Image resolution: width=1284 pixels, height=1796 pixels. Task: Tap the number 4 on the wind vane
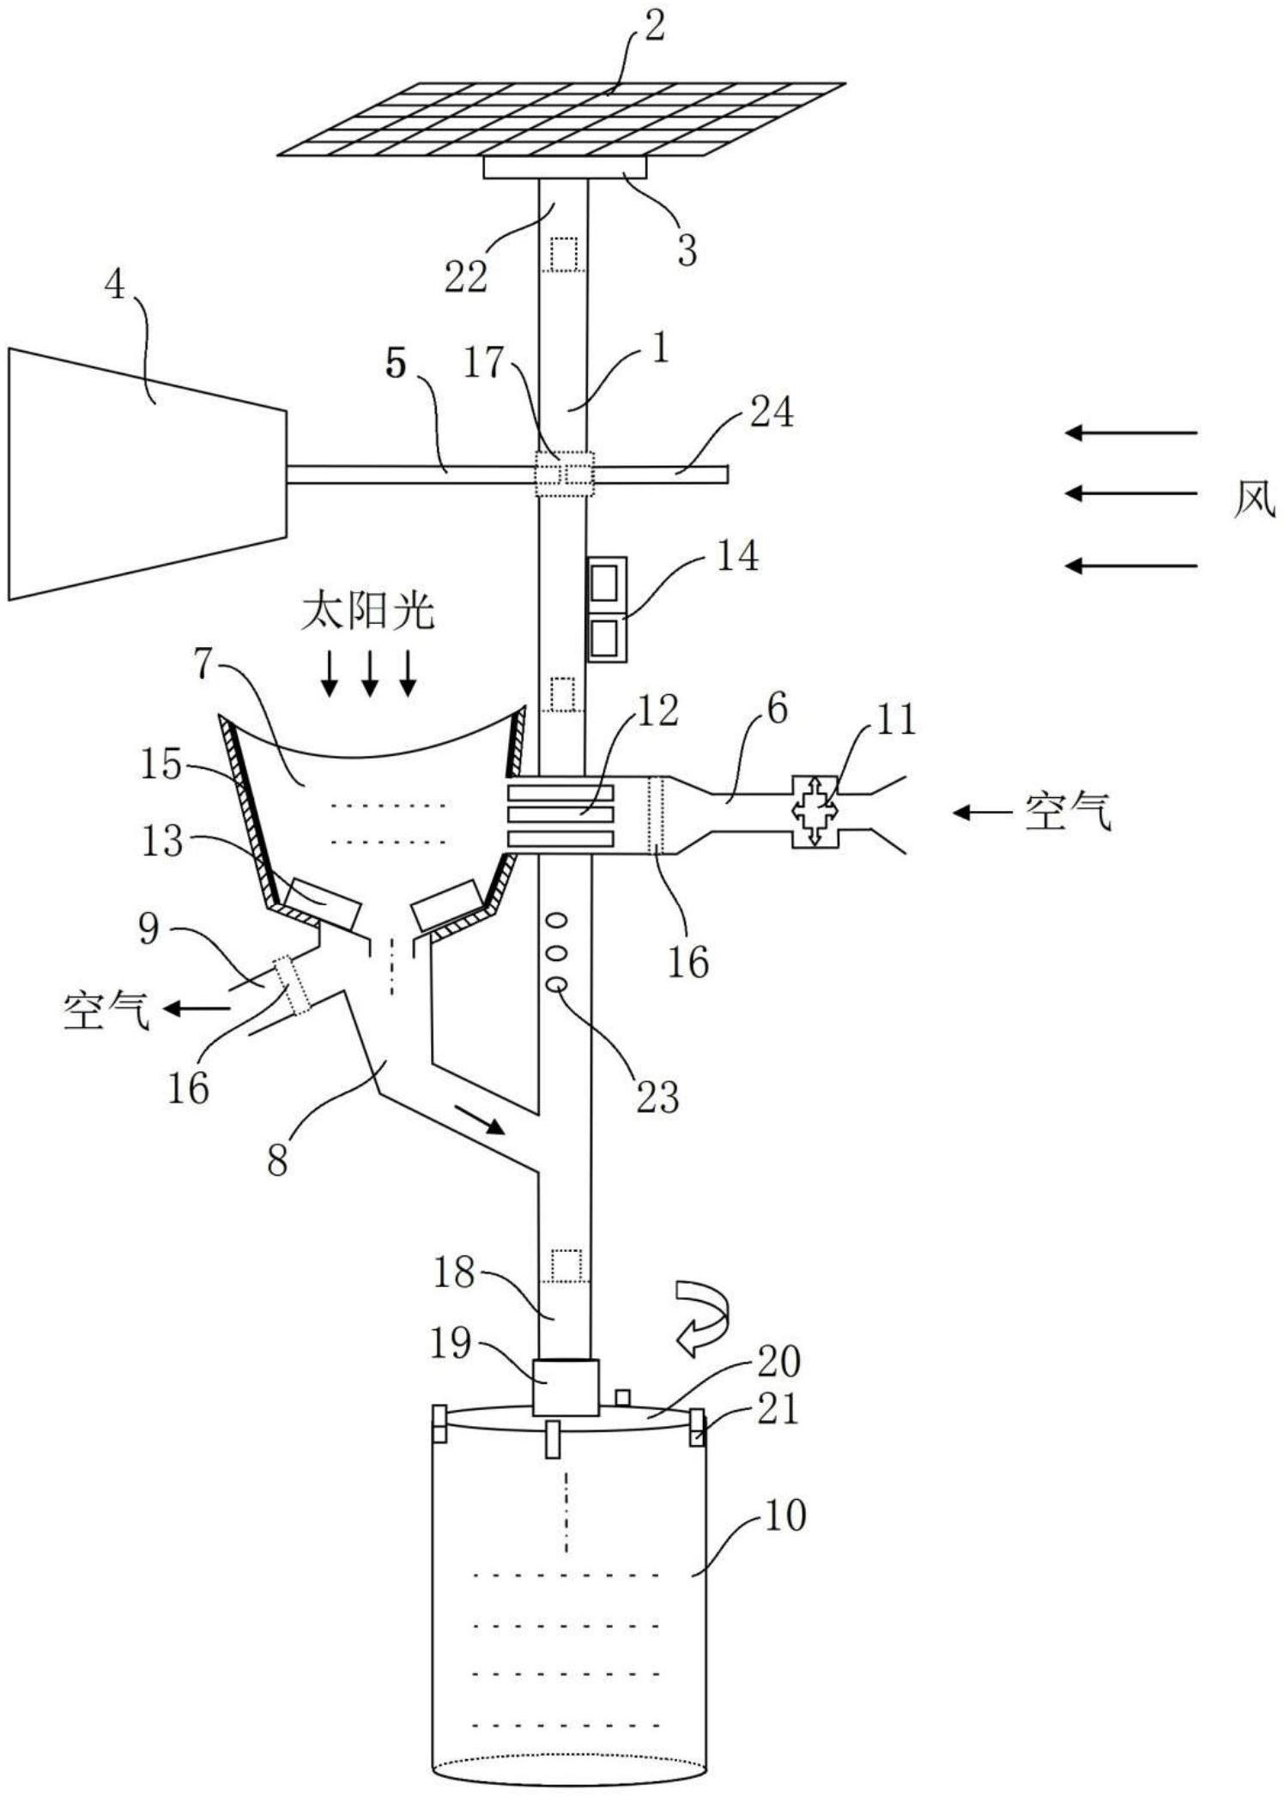tap(115, 286)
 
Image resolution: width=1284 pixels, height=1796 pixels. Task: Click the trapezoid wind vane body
tap(146, 472)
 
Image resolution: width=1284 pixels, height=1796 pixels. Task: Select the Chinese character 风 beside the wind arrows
tap(1254, 498)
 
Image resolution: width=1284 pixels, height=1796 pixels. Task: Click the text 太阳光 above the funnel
tap(367, 613)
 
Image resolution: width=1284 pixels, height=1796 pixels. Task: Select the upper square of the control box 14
tap(605, 584)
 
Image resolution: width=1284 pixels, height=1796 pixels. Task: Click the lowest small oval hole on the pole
tap(557, 984)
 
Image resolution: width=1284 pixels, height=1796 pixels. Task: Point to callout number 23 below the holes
tap(657, 1096)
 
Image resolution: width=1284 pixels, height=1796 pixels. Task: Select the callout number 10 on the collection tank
tap(784, 1515)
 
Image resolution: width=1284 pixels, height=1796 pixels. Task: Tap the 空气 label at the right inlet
tap(1068, 811)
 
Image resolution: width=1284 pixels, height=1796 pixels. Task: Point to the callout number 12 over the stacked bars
tap(657, 711)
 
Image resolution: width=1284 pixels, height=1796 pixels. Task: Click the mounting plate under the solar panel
tap(564, 167)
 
